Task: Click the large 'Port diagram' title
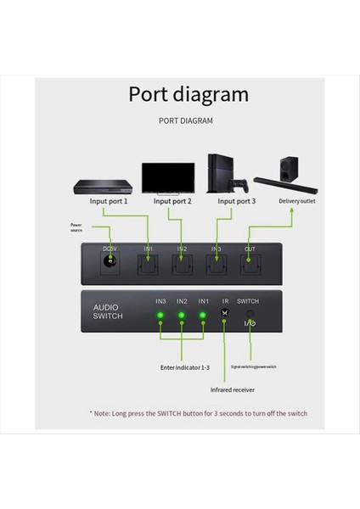(x=188, y=93)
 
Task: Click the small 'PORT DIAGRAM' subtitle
(x=186, y=120)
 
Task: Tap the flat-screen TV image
(x=167, y=177)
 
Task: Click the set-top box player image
(x=101, y=187)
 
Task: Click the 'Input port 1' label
(x=109, y=202)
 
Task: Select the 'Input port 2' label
(x=172, y=202)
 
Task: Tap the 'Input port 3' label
(x=237, y=202)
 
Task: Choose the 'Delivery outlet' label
(x=296, y=201)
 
